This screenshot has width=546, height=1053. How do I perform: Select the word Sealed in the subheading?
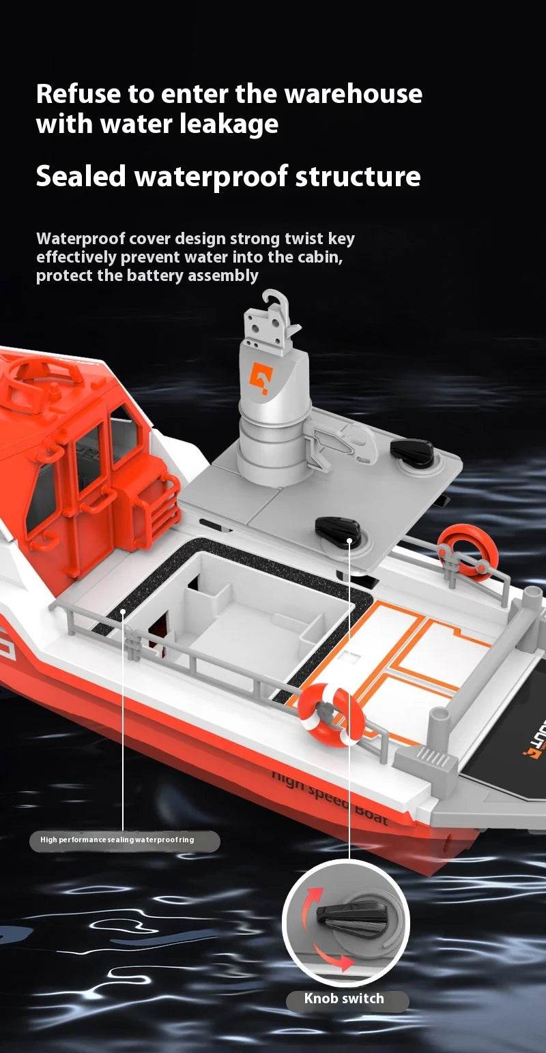coord(81,176)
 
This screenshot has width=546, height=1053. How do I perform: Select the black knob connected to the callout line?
coord(337,529)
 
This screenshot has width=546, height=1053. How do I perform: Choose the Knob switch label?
coord(344,999)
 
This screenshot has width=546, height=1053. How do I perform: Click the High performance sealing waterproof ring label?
coord(117,840)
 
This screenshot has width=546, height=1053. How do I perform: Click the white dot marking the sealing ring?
coord(124,611)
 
